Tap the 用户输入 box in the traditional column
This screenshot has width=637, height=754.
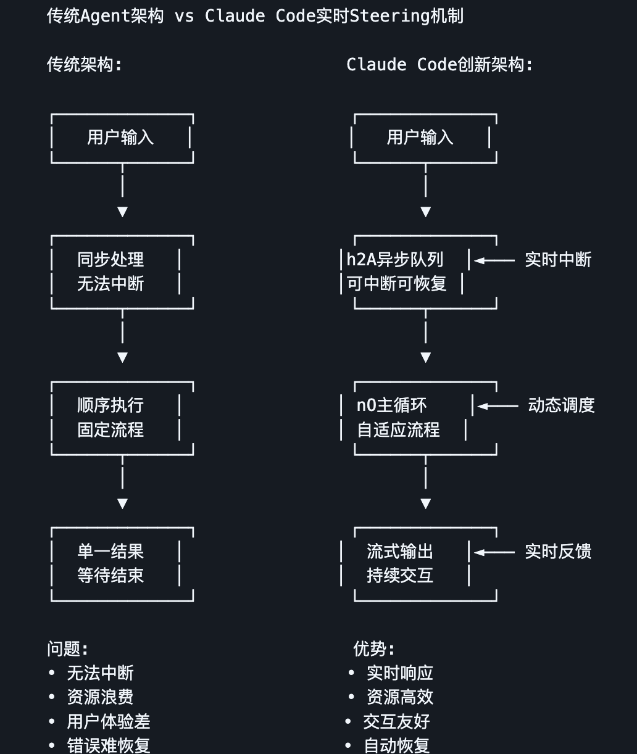[121, 138]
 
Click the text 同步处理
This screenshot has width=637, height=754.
[110, 260]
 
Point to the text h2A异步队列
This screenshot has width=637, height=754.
[395, 260]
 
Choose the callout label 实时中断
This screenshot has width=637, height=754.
[558, 260]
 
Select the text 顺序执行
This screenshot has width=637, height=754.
[110, 405]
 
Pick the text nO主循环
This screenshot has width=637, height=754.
[392, 405]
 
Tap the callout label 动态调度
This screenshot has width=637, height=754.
[561, 405]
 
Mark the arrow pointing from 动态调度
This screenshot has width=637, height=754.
[498, 406]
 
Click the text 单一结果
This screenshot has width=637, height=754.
[110, 552]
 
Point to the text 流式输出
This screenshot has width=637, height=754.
[400, 552]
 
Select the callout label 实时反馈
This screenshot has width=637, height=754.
[558, 552]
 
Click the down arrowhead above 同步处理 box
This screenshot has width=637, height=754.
[122, 212]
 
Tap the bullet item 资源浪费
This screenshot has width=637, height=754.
[100, 697]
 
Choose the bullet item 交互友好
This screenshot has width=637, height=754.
[396, 721]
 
